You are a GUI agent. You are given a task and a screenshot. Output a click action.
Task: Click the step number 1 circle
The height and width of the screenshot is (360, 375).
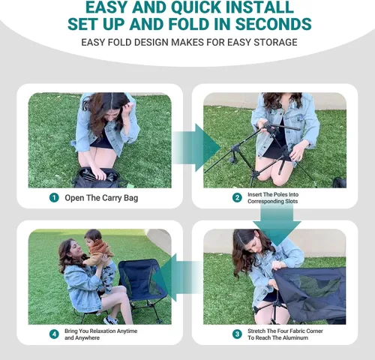click(x=54, y=198)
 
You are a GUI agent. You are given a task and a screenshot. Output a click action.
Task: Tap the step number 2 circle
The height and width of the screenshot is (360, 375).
click(x=237, y=198)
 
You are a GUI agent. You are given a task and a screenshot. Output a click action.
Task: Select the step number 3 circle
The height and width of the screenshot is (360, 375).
click(x=237, y=334)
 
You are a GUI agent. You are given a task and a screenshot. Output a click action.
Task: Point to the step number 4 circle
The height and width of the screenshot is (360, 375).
click(x=54, y=334)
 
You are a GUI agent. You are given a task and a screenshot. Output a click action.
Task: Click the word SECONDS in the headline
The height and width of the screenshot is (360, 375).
click(x=273, y=24)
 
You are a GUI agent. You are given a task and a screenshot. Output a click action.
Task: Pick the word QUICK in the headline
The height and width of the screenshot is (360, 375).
click(x=196, y=7)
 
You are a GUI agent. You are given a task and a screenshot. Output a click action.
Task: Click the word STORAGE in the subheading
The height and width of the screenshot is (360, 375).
click(x=275, y=42)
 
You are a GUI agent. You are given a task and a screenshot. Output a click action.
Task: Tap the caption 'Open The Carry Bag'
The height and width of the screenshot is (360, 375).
click(x=101, y=198)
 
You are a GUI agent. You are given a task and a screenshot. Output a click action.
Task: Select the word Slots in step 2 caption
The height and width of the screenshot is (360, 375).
click(x=291, y=201)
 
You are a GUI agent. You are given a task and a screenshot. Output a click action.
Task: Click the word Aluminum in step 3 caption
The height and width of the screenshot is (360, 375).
click(x=295, y=337)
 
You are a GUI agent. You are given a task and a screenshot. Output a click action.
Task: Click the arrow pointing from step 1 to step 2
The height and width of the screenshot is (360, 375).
click(x=196, y=148)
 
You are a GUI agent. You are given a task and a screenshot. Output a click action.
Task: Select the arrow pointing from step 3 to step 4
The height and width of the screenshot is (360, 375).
click(x=177, y=277)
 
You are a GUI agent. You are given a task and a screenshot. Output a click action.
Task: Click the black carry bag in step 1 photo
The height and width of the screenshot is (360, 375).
click(x=97, y=178)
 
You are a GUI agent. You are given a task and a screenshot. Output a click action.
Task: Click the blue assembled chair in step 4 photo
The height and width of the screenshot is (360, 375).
click(x=141, y=283)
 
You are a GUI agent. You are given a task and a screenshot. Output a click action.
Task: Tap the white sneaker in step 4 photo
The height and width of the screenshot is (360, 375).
click(x=111, y=320)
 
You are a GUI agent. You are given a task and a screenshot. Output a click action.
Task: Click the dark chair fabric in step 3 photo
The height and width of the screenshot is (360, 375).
click(x=310, y=294)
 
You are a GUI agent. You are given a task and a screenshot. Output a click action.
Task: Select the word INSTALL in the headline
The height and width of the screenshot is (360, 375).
click(x=259, y=7)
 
